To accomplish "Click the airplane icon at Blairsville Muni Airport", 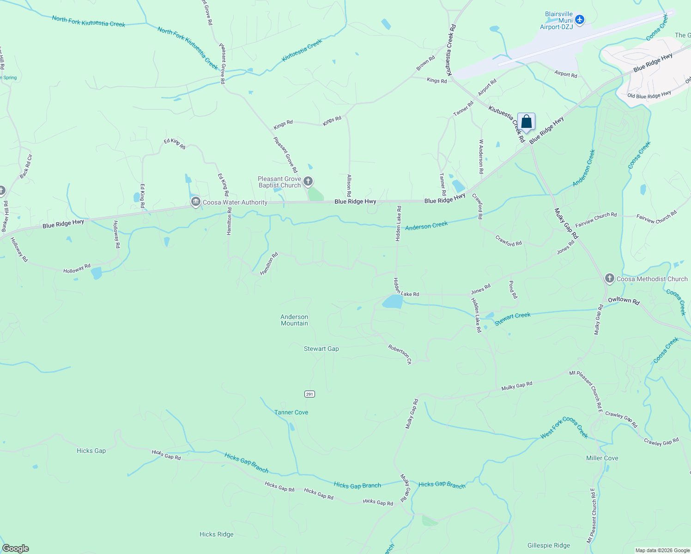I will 580,20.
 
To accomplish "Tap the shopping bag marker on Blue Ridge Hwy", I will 526,122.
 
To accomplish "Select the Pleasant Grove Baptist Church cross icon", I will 308,181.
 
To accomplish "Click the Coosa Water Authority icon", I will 196,202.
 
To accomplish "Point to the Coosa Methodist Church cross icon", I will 610,278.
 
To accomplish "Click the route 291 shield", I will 309,394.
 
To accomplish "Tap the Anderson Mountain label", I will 294,320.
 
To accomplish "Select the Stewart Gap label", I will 321,349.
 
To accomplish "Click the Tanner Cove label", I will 291,412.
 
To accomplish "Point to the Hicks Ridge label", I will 216,534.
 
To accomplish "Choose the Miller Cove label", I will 602,458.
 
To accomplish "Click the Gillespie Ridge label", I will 548,545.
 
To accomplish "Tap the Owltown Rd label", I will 624,301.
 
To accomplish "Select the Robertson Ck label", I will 400,354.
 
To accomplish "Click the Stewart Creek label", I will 513,319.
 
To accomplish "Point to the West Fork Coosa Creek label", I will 564,428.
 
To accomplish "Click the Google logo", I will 16,548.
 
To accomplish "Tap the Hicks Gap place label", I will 91,451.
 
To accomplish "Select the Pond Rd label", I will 512,289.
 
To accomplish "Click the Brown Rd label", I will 425,63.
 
